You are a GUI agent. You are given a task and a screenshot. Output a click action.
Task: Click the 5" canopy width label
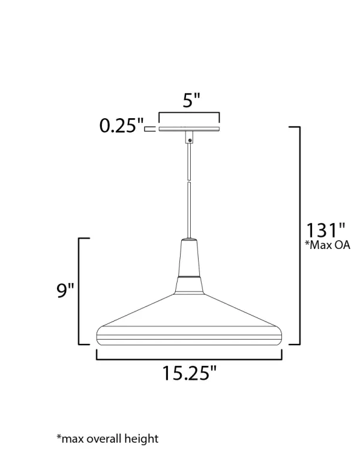click(191, 100)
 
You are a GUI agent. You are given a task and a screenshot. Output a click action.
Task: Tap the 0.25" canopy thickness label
click(121, 126)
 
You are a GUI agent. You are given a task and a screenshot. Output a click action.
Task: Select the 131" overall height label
click(326, 230)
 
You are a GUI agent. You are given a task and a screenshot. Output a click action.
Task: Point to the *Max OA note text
click(328, 245)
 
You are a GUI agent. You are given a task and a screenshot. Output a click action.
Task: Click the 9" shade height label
click(65, 290)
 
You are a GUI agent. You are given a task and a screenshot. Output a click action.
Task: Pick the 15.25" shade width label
click(189, 373)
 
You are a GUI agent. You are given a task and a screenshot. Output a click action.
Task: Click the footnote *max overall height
click(107, 439)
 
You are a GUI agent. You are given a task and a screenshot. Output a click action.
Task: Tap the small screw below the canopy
click(190, 140)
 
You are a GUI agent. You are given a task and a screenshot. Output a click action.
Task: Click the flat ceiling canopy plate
click(189, 129)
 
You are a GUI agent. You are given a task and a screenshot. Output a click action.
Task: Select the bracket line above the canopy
click(189, 113)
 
